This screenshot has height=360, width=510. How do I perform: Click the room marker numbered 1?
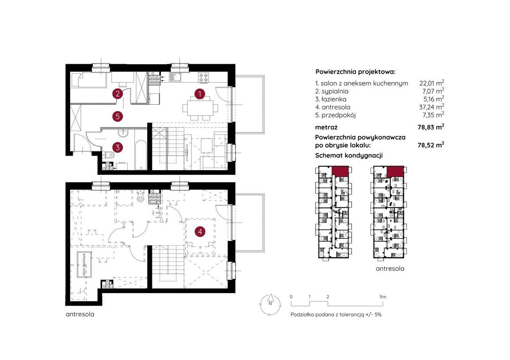pyautogui.click(x=200, y=94)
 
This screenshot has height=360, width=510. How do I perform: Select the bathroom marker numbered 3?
pyautogui.click(x=117, y=147)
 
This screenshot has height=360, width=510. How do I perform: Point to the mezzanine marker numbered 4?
pyautogui.click(x=200, y=231)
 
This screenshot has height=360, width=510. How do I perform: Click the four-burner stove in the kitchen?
pyautogui.click(x=204, y=77)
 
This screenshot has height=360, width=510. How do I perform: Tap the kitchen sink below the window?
pyautogui.click(x=177, y=77)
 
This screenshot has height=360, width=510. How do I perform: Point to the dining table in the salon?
pyautogui.click(x=200, y=108)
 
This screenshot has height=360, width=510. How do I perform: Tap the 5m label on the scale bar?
pyautogui.click(x=382, y=297)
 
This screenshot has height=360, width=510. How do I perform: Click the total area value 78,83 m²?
pyautogui.click(x=431, y=127)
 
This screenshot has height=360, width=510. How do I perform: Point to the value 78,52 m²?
pyautogui.click(x=431, y=145)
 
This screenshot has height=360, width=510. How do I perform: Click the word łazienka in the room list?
pyautogui.click(x=334, y=99)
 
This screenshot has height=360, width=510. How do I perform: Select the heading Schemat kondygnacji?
pyautogui.click(x=349, y=155)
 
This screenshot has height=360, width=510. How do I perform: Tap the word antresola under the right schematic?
pyautogui.click(x=390, y=269)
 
